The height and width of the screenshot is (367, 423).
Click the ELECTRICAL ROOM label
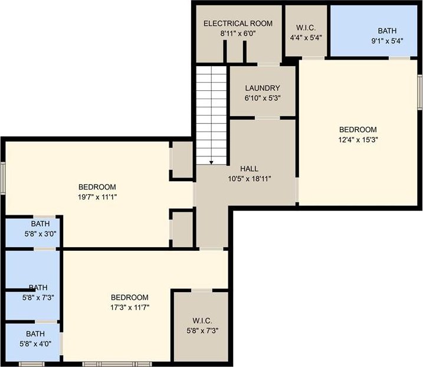click(x=238, y=24)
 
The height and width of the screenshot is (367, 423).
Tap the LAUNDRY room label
click(x=263, y=88)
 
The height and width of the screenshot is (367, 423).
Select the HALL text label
click(x=250, y=169)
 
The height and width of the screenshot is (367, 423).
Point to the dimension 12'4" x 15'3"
click(x=358, y=140)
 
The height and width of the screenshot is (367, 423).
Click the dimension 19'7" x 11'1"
click(x=97, y=197)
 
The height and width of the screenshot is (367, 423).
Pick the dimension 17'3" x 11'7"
click(x=130, y=307)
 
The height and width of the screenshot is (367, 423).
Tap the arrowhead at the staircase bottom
click(x=211, y=162)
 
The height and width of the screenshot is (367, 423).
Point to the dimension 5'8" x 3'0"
click(x=41, y=234)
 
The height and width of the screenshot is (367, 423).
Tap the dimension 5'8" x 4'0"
click(x=35, y=344)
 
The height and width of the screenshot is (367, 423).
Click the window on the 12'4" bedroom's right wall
click(x=420, y=92)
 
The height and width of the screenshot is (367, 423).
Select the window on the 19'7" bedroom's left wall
click(x=3, y=178)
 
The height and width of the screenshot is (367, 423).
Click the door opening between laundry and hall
click(x=267, y=118)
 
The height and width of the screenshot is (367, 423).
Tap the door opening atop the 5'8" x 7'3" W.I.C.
click(x=202, y=290)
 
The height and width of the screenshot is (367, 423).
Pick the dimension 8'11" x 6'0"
click(x=238, y=34)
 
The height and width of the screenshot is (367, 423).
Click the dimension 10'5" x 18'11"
click(x=250, y=179)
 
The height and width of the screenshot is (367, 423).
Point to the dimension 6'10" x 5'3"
click(x=263, y=98)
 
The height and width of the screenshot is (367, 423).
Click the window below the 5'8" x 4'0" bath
click(x=32, y=364)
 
